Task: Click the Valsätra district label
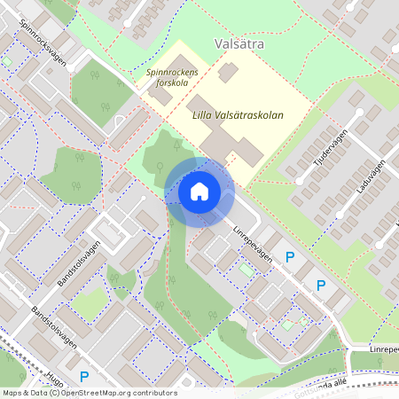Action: pyautogui.click(x=240, y=43)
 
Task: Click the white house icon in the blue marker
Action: pyautogui.click(x=199, y=191)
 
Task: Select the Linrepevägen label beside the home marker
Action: pyautogui.click(x=254, y=240)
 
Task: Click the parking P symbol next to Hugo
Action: pyautogui.click(x=84, y=376)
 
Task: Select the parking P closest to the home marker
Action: pyautogui.click(x=289, y=257)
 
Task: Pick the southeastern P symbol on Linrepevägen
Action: pyautogui.click(x=321, y=286)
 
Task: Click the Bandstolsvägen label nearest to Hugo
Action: pyautogui.click(x=52, y=329)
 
